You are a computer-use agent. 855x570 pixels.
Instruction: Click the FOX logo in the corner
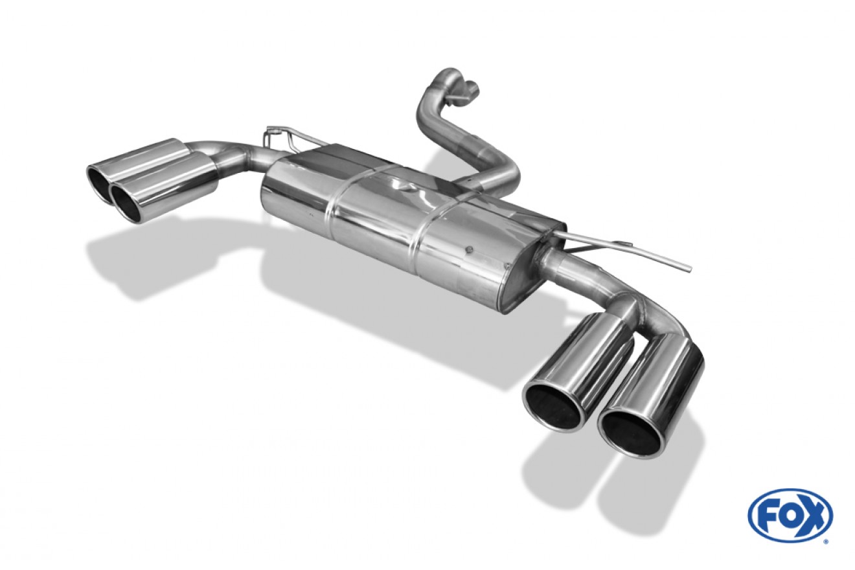[x=791, y=516]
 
